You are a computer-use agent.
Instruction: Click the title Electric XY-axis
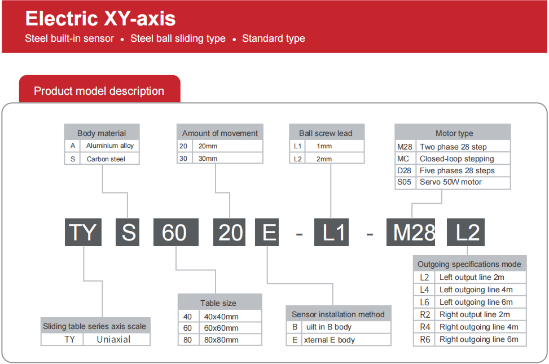tap(100, 19)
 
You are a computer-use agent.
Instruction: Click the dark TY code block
tap(83, 232)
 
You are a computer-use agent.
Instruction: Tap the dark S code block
tap(128, 232)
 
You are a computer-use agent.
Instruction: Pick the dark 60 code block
tap(176, 232)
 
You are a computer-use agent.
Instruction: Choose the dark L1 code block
tap(331, 232)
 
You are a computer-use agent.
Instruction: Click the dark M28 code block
tap(411, 232)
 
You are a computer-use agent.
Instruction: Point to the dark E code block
tap(267, 232)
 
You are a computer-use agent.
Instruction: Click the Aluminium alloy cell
tap(109, 146)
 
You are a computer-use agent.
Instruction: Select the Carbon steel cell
tap(109, 159)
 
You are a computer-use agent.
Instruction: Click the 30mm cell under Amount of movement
tap(227, 159)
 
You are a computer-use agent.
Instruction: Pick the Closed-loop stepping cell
tap(463, 159)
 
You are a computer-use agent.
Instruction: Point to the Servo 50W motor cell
tap(463, 182)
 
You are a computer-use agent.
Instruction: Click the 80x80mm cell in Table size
tap(230, 340)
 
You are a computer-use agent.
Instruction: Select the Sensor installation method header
tap(338, 314)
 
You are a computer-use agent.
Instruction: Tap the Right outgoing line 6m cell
tap(480, 340)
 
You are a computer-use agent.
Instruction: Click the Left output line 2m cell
tap(480, 277)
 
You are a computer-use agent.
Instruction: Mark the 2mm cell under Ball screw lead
tap(335, 159)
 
